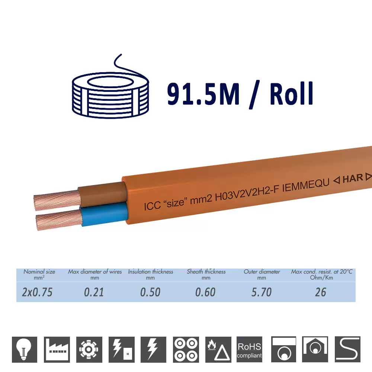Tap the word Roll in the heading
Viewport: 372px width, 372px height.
coord(292,94)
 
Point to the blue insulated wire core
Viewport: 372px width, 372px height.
coord(105,214)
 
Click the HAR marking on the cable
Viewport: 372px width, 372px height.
coord(353,178)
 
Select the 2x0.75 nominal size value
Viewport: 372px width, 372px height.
coord(37,292)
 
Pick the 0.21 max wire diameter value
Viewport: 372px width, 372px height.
coord(94,292)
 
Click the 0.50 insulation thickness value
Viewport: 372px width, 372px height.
coord(150,292)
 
